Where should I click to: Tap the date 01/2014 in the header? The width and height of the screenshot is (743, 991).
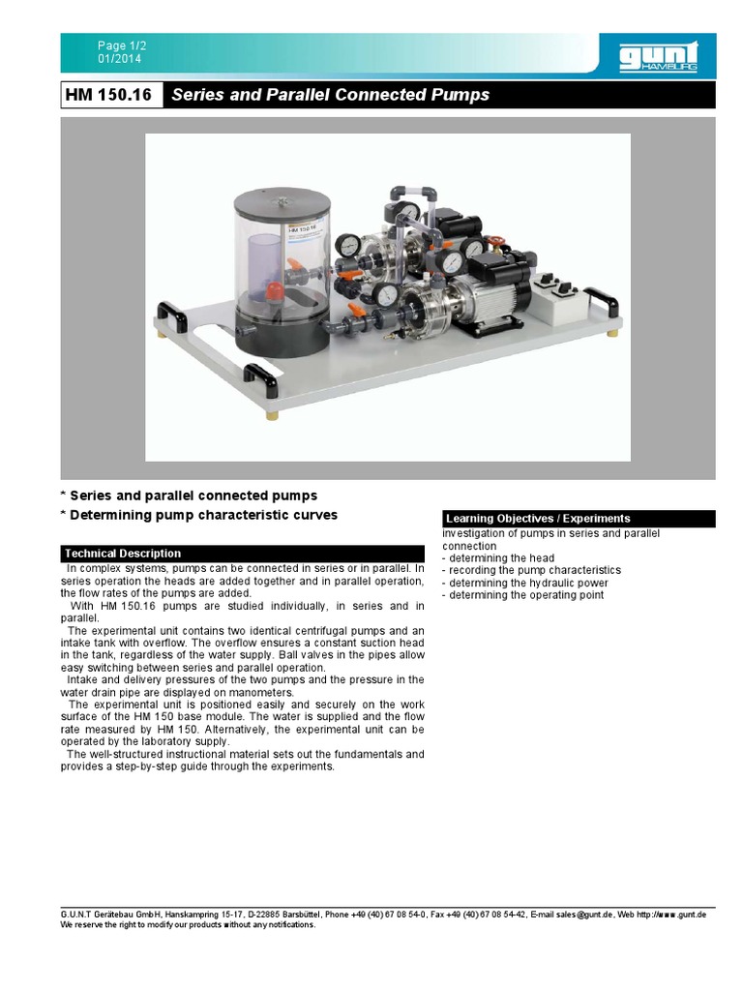(x=118, y=58)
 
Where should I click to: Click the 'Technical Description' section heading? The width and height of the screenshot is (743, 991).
(x=123, y=554)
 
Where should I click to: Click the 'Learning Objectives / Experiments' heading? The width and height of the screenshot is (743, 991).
(x=538, y=519)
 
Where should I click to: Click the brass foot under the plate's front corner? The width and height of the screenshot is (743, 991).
(x=271, y=414)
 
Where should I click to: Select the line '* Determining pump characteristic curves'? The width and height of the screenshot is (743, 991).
(x=199, y=515)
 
